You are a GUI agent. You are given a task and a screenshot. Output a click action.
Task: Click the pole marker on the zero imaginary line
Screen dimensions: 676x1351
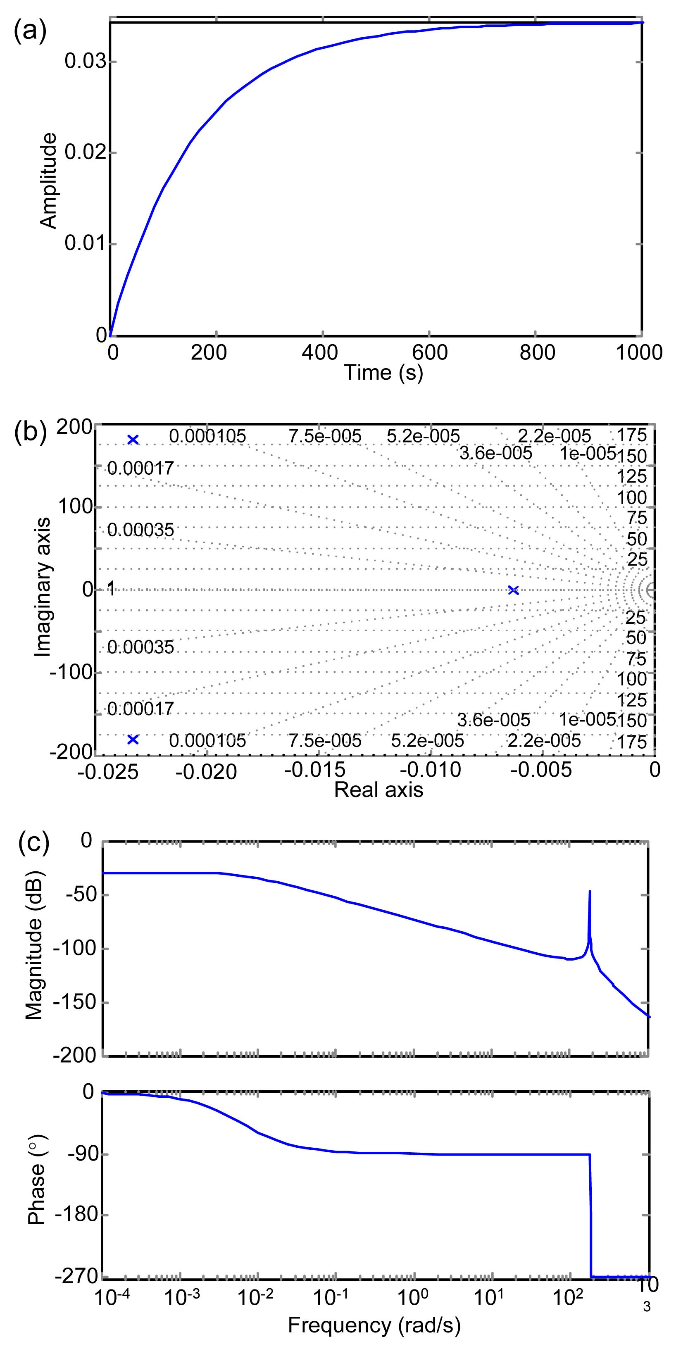[x=514, y=590]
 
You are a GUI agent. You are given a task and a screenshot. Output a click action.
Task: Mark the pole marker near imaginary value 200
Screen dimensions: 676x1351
[x=133, y=440]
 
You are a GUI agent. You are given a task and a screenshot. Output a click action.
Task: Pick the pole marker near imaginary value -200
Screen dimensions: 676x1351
[x=133, y=740]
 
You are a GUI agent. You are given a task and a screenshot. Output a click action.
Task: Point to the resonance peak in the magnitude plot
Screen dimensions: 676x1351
[x=590, y=891]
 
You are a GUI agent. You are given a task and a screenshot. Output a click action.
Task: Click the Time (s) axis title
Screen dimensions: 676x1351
[x=383, y=372]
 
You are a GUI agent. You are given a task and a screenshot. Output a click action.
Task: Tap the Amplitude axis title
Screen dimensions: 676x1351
[x=48, y=181]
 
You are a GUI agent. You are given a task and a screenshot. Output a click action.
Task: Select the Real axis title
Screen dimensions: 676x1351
[x=378, y=789]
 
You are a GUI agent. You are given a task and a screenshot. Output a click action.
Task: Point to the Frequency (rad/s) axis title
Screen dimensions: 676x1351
[x=374, y=1325]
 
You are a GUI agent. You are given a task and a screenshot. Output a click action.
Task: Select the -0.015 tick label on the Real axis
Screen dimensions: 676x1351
[x=315, y=770]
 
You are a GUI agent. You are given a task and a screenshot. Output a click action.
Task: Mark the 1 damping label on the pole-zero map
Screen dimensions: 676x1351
[x=111, y=589]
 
